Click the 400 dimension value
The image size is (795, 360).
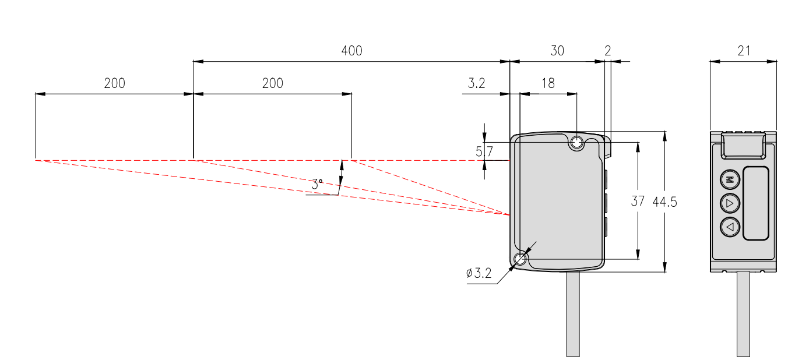click(351, 51)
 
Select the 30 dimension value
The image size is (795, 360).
click(557, 51)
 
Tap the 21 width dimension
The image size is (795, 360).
click(744, 51)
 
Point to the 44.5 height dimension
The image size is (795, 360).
click(665, 202)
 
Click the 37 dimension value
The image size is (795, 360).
click(638, 202)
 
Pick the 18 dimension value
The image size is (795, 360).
click(548, 83)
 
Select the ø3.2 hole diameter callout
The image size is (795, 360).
click(479, 273)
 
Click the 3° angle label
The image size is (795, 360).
click(316, 184)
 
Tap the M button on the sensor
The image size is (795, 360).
click(730, 180)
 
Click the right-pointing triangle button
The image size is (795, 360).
click(730, 203)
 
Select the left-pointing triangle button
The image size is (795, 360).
click(730, 227)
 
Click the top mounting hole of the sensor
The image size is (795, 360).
click(577, 142)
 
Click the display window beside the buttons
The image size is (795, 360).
click(756, 203)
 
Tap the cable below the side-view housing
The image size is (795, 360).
click(573, 315)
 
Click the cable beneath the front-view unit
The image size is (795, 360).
click(743, 315)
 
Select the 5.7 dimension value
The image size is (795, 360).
click(484, 152)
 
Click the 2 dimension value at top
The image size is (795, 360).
click(608, 51)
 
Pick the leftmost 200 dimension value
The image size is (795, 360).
click(114, 83)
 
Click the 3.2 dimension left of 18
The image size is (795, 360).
click(476, 83)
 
